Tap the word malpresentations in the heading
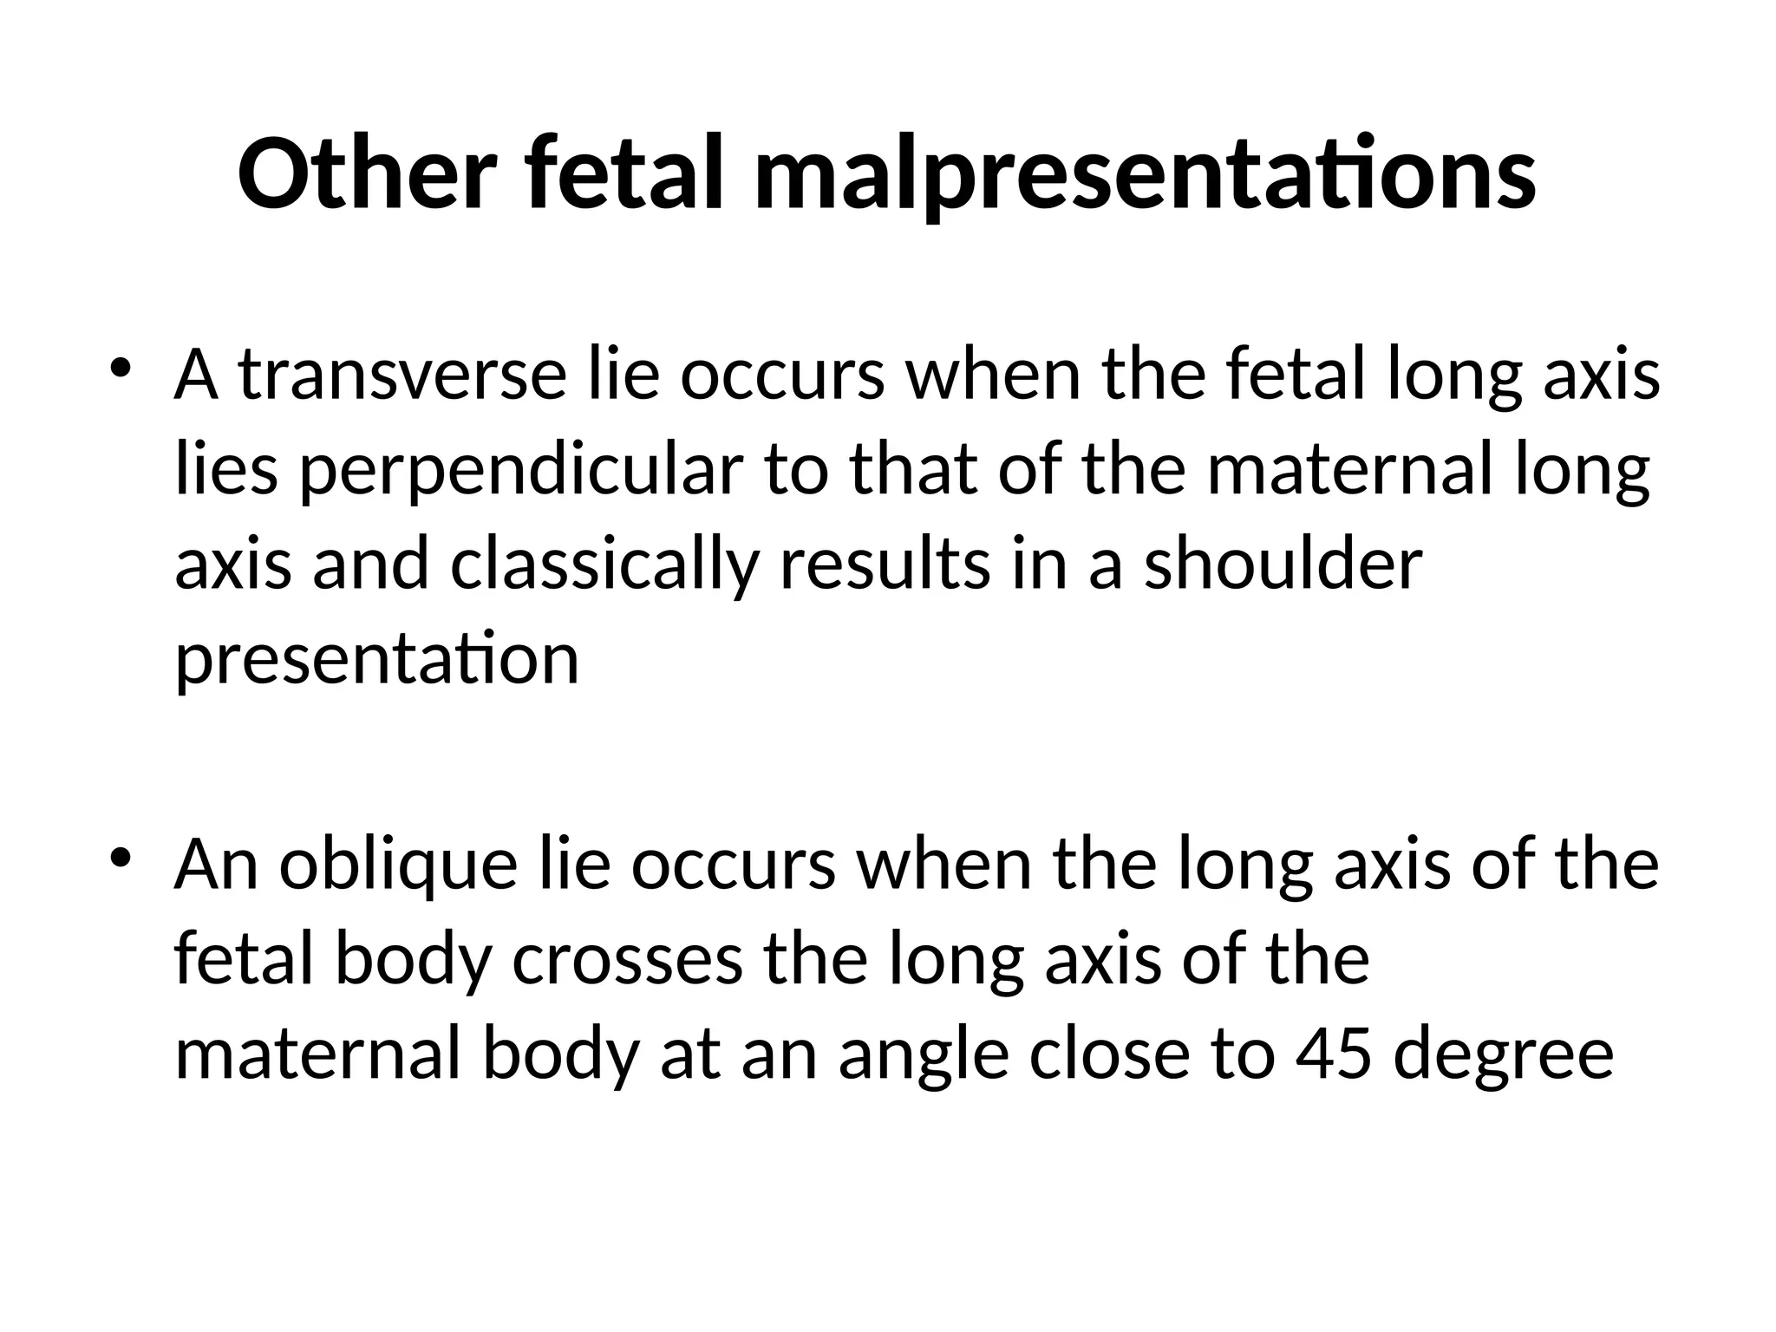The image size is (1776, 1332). pyautogui.click(x=1145, y=177)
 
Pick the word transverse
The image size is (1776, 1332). pyautogui.click(x=402, y=375)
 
